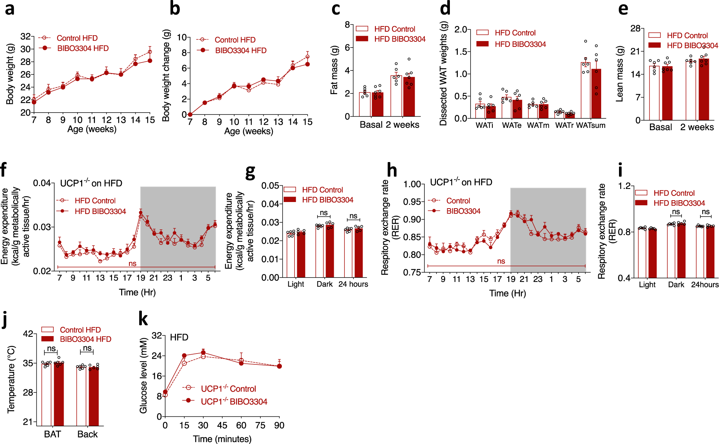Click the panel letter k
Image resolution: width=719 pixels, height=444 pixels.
(143, 319)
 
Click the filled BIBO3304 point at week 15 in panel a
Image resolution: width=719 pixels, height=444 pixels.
(150, 61)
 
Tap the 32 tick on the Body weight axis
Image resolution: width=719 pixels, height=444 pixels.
(25, 36)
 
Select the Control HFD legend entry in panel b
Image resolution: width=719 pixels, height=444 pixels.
(235, 40)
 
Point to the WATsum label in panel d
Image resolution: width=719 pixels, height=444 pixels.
(591, 125)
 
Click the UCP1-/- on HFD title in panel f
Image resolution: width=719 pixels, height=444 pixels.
(91, 183)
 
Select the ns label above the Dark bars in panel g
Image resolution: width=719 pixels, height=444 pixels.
(324, 213)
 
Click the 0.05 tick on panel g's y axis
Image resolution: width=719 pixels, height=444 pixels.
(270, 186)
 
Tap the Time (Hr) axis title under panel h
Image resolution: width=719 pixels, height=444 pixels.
(507, 293)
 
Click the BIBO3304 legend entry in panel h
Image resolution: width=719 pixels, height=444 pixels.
(463, 211)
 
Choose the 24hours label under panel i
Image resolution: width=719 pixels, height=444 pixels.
(705, 284)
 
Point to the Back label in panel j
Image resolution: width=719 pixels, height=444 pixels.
(87, 434)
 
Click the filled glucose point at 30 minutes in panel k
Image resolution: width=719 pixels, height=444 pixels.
(203, 352)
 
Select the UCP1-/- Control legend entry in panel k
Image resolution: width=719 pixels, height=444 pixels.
(228, 389)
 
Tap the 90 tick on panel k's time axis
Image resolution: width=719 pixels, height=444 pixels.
(279, 425)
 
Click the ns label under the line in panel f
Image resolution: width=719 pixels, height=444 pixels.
(132, 263)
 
